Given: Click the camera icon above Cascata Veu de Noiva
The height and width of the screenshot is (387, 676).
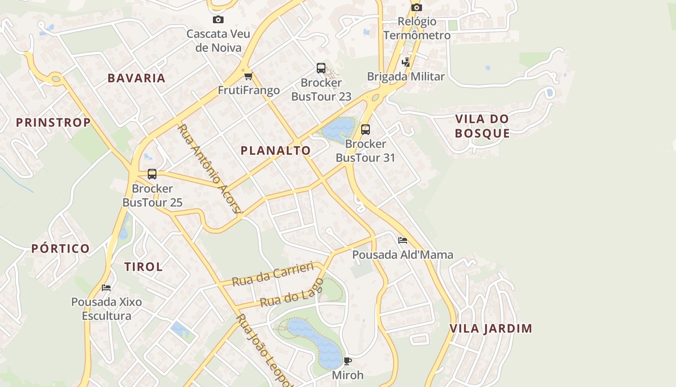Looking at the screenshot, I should [218, 20].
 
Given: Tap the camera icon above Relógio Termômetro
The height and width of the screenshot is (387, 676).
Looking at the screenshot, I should [417, 7].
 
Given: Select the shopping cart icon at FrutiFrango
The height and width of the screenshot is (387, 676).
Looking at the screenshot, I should [248, 76].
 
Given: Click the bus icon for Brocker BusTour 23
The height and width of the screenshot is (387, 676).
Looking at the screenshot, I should [321, 68].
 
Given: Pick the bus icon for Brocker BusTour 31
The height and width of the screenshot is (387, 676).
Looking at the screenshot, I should [366, 130].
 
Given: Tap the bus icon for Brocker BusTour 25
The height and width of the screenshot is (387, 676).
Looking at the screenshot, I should [152, 174].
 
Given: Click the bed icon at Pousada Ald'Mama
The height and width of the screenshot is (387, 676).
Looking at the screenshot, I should [403, 240].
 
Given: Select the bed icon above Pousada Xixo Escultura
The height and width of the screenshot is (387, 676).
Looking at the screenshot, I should [106, 288].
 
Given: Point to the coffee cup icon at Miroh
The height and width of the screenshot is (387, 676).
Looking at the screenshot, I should [348, 361].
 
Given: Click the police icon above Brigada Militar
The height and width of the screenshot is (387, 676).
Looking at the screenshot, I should [406, 62].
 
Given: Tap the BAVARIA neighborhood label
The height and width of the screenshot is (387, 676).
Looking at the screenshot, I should [136, 78].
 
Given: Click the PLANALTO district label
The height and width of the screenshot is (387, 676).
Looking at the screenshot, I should [276, 150].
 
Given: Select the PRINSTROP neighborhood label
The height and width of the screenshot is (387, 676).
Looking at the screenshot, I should [53, 122].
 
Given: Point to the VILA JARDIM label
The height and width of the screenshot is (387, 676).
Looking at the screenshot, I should [491, 328].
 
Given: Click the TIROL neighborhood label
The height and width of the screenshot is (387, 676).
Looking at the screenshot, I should [143, 267].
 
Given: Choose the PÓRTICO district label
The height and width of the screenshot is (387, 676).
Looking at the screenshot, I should [60, 249].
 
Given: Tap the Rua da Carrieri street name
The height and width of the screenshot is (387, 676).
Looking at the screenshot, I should [273, 274].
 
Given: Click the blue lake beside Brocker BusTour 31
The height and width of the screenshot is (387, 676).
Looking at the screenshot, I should [338, 128].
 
